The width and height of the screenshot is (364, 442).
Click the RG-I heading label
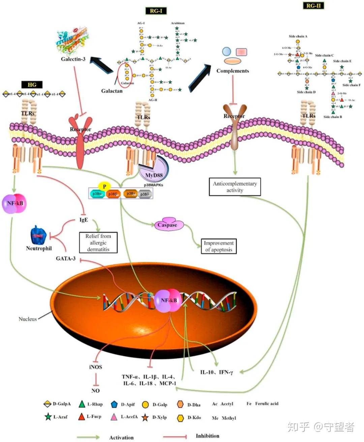click(x=156, y=11)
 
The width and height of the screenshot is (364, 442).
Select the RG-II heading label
click(x=313, y=5)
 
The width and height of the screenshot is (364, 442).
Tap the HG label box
click(x=32, y=84)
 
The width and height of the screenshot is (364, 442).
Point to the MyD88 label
click(x=154, y=175)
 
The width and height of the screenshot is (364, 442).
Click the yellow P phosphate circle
click(x=104, y=186)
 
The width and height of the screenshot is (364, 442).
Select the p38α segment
click(x=97, y=194)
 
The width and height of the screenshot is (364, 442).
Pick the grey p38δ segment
click(x=145, y=194)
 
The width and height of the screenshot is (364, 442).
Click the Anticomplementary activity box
click(x=235, y=187)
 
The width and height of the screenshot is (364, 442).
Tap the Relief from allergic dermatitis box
click(x=98, y=243)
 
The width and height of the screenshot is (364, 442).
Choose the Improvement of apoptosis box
click(x=218, y=246)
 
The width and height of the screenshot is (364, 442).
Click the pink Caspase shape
click(x=167, y=225)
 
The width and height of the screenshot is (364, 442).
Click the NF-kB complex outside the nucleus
click(x=14, y=203)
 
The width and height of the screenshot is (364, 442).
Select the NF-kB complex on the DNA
click(x=169, y=300)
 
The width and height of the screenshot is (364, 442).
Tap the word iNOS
click(x=95, y=367)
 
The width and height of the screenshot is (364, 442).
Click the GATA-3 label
click(x=66, y=259)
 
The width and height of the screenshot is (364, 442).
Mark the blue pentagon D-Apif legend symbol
click(x=114, y=404)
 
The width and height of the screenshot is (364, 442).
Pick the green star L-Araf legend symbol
click(x=48, y=417)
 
